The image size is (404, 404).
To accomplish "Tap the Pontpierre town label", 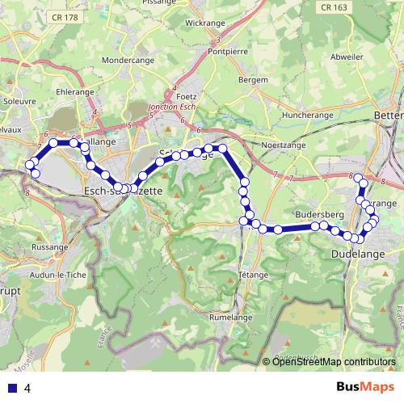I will [226, 50].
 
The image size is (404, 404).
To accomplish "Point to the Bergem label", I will [254, 81].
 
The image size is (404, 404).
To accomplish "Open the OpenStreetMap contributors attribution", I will [334, 362].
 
